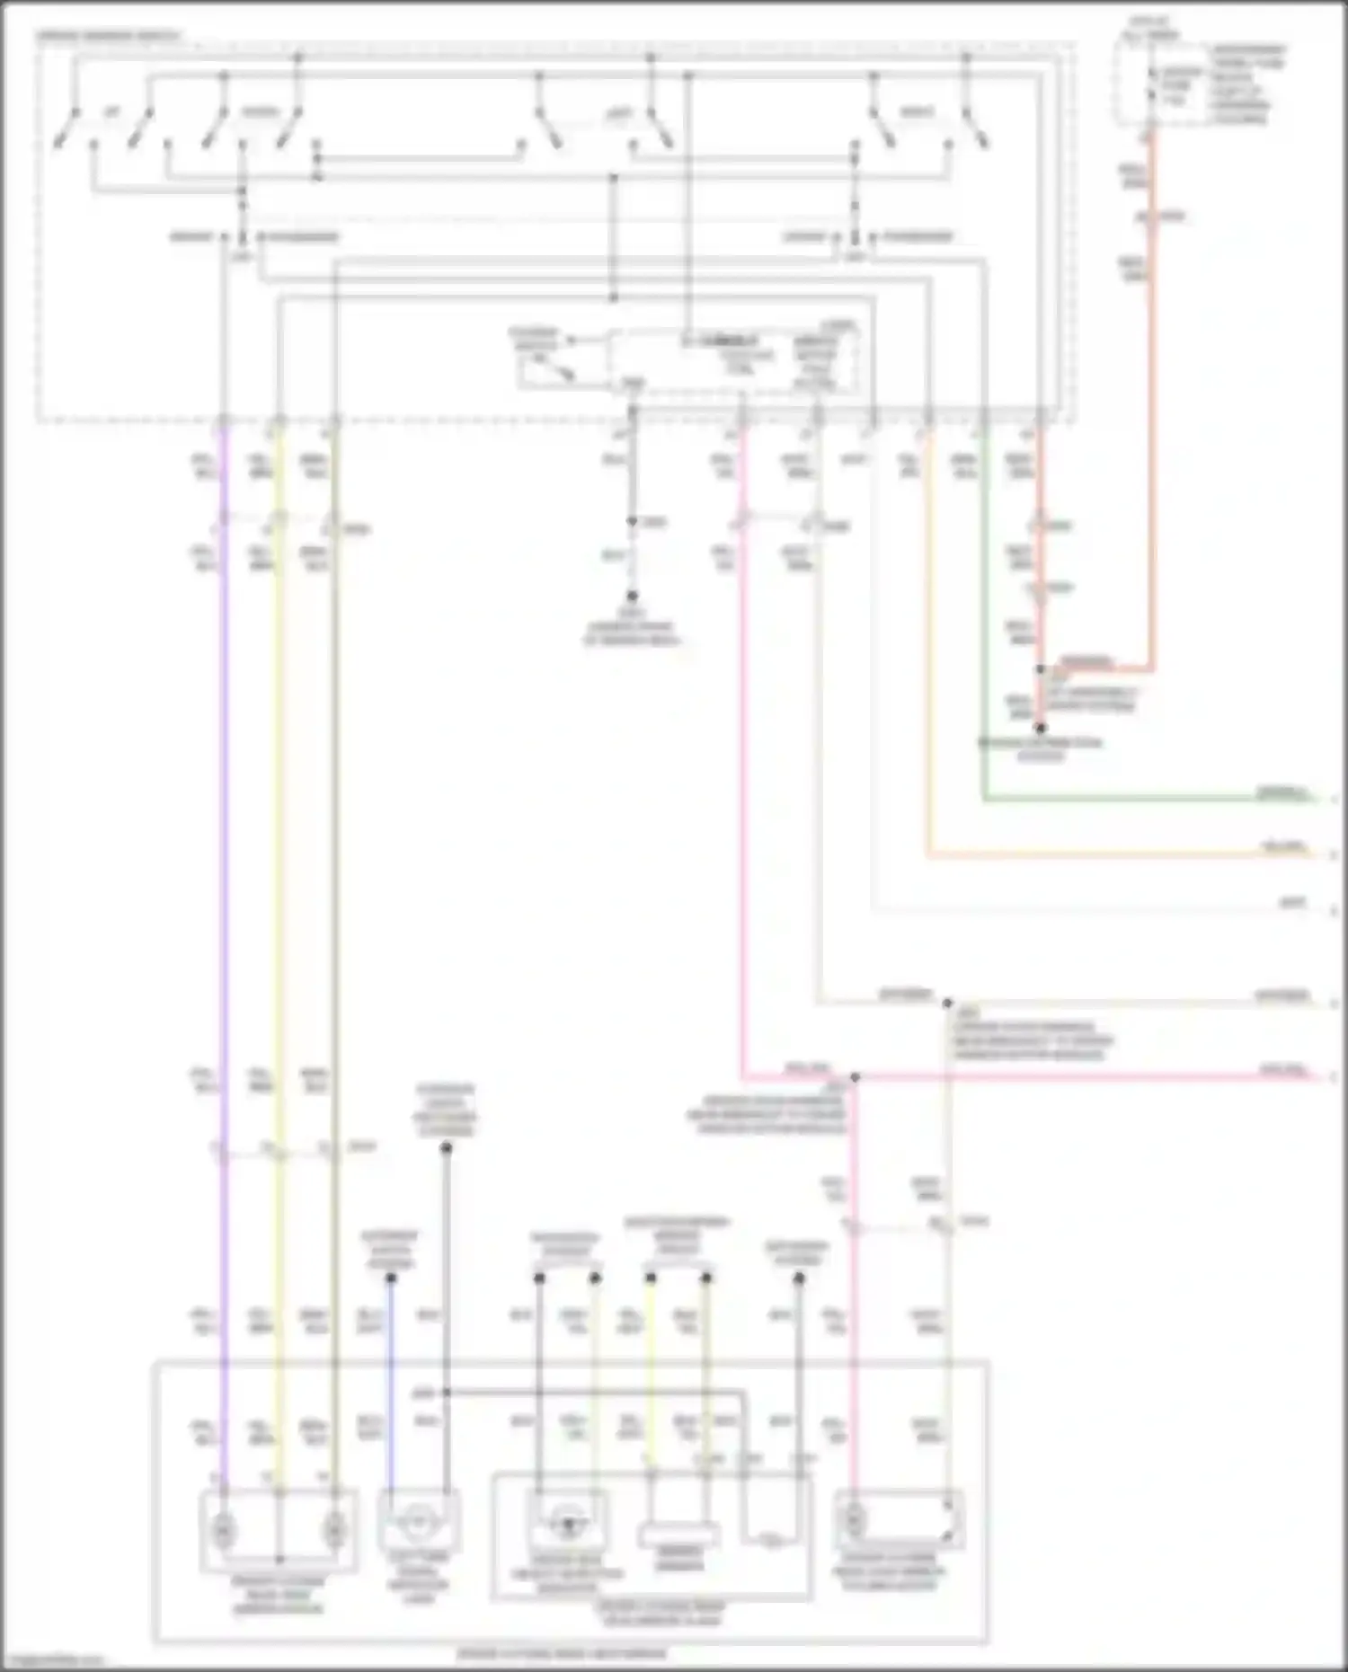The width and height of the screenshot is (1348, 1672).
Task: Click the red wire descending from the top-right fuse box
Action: pos(1152,404)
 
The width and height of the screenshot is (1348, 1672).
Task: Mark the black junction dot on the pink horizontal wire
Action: pos(855,1077)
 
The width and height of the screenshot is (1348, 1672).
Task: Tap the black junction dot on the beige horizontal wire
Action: pos(947,1003)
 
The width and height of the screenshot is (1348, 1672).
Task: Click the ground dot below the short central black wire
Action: pos(632,596)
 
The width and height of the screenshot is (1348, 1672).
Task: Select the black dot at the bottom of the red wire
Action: pos(1040,728)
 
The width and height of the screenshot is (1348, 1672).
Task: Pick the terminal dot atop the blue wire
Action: pos(391,1278)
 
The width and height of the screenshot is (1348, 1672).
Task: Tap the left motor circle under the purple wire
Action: pos(224,1526)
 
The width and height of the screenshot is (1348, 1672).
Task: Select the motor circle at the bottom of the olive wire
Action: pos(334,1526)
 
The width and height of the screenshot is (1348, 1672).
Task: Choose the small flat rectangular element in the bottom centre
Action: pos(678,1535)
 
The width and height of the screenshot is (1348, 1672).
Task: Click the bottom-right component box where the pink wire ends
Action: pos(900,1519)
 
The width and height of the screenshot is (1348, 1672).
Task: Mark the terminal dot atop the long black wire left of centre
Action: pos(446,1148)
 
